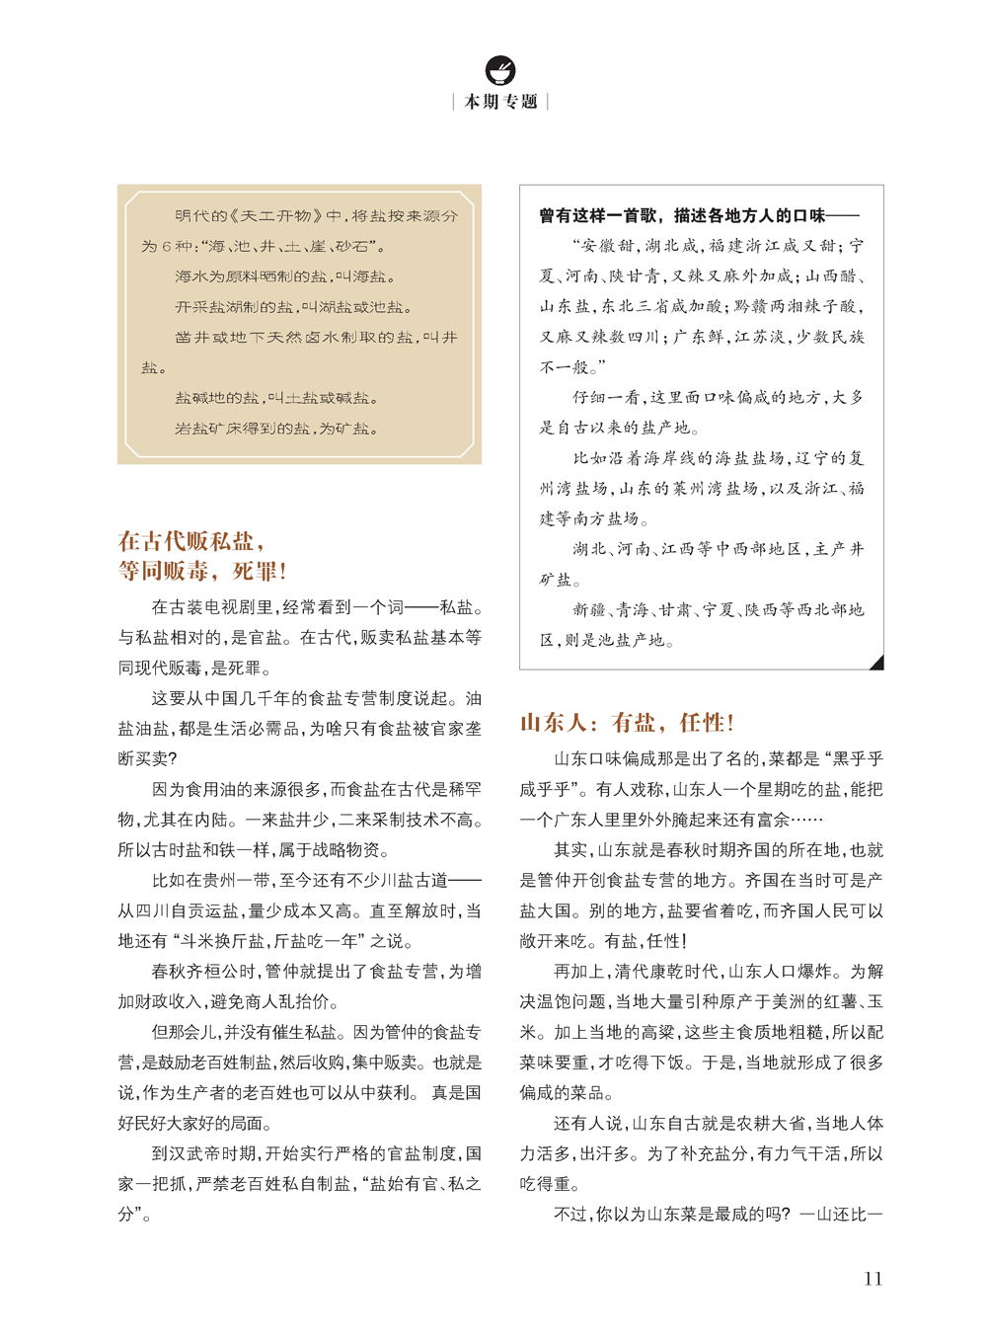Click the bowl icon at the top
[500, 70]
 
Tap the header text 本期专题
[500, 102]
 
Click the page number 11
[873, 1279]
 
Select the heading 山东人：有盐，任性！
[627, 723]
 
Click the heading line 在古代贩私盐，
[191, 541]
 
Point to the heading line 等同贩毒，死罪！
[202, 571]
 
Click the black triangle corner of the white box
[876, 663]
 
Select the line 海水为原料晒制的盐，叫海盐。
[285, 276]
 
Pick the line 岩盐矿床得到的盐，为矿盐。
[276, 429]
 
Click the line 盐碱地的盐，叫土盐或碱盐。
[276, 398]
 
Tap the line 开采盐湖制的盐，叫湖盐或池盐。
[293, 307]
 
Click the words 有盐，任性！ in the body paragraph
[645, 941]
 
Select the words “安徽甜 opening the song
[604, 246]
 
